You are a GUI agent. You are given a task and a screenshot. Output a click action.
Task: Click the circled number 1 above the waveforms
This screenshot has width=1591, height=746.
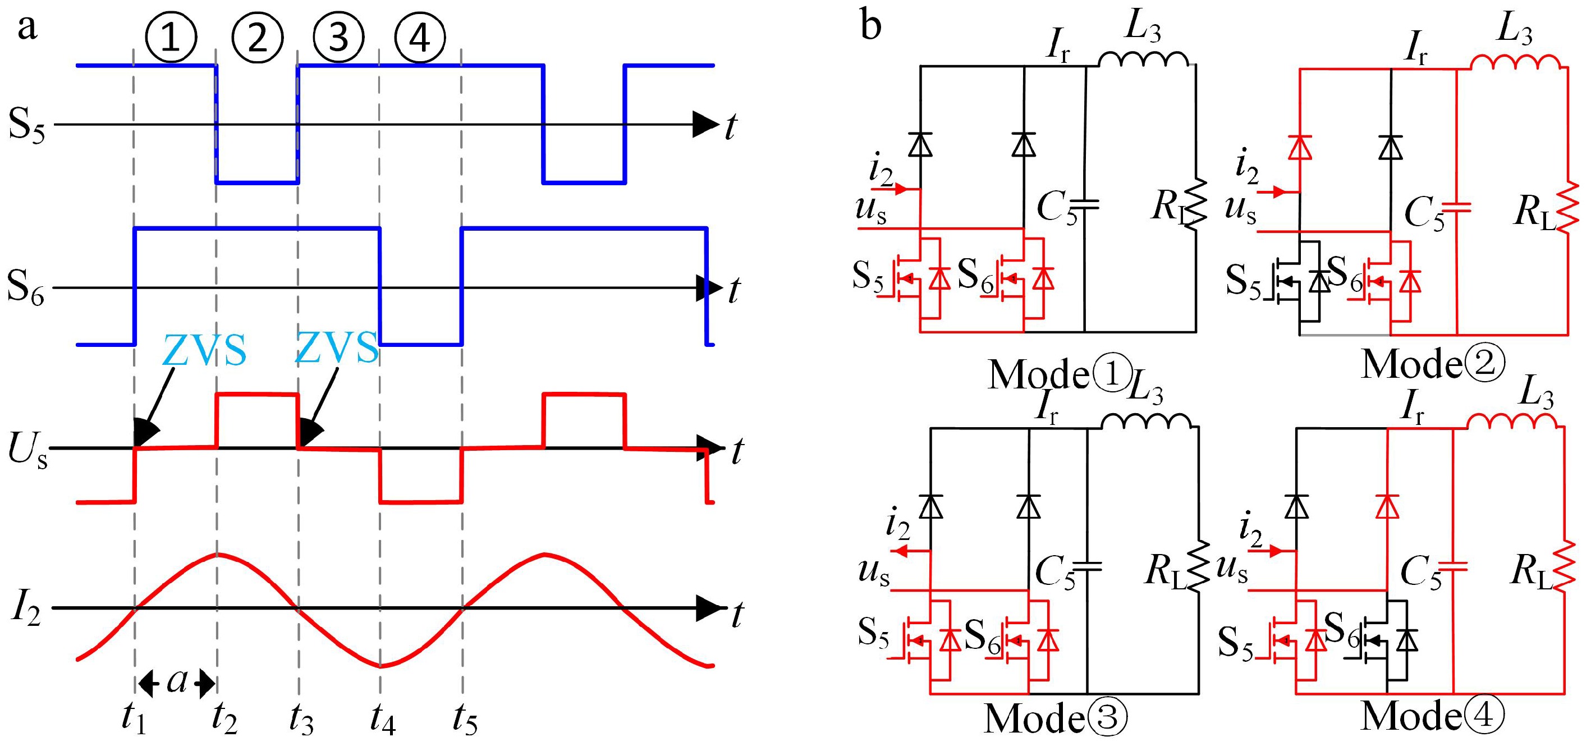pyautogui.click(x=171, y=37)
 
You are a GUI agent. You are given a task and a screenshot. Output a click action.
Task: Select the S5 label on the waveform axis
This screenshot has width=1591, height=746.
pyautogui.click(x=26, y=125)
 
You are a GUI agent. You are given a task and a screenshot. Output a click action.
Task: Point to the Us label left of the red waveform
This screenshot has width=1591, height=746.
pyautogui.click(x=27, y=450)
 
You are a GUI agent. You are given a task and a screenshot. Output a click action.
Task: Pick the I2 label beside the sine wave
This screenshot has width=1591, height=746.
pyautogui.click(x=26, y=610)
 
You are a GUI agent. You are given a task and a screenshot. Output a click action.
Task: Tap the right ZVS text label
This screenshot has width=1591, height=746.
pyautogui.click(x=337, y=347)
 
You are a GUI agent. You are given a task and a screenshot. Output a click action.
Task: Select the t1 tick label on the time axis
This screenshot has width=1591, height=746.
pyautogui.click(x=134, y=718)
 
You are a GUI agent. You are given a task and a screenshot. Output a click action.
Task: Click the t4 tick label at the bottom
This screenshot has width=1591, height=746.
pyautogui.click(x=382, y=718)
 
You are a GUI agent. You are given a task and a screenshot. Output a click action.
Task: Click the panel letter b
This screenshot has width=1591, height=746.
pyautogui.click(x=870, y=26)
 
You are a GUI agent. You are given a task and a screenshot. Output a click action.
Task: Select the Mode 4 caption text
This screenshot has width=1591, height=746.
pyautogui.click(x=1433, y=716)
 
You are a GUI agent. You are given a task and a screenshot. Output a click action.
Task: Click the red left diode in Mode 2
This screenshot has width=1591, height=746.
pyautogui.click(x=1300, y=148)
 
